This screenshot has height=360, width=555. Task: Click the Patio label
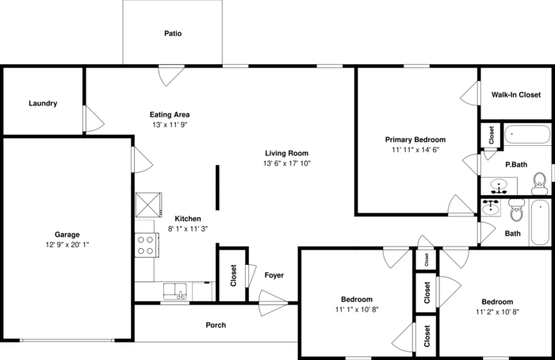tap(173, 34)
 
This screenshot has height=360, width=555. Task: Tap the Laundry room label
tap(43, 104)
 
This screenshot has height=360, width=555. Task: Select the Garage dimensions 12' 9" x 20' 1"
tap(67, 245)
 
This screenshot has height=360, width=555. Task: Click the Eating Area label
tap(170, 114)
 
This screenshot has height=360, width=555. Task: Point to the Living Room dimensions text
tap(286, 164)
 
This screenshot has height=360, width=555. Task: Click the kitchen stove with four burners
tap(144, 245)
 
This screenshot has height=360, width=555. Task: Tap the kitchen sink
tap(175, 291)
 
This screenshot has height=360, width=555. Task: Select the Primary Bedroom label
tap(415, 140)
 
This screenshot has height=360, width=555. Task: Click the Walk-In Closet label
tap(515, 95)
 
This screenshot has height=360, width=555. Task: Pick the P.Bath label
tap(516, 164)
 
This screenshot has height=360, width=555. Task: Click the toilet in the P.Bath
tap(539, 183)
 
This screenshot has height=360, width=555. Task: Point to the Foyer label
tap(274, 275)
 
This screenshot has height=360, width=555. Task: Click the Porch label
tap(216, 325)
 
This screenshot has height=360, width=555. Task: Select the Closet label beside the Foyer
tap(232, 275)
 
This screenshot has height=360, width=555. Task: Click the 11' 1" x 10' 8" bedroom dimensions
tap(356, 310)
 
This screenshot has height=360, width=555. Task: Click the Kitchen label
tap(188, 219)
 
